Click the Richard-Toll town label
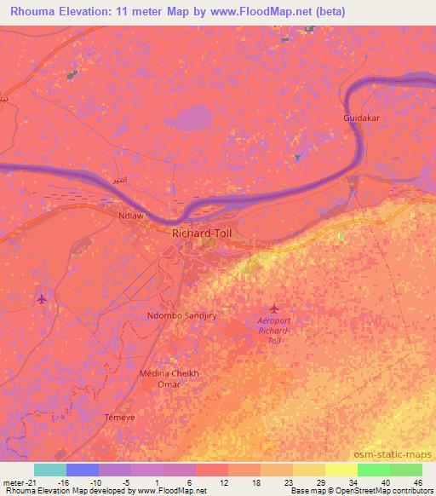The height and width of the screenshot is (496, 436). pyautogui.click(x=201, y=232)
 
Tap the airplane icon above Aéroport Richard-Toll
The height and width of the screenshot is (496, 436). pyautogui.click(x=273, y=308)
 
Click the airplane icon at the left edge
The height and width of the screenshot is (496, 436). pyautogui.click(x=43, y=298)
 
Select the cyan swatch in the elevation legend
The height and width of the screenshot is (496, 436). pyautogui.click(x=50, y=470)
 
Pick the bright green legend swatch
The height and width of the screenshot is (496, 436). pyautogui.click(x=374, y=470)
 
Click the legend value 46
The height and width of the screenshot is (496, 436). pyautogui.click(x=417, y=482)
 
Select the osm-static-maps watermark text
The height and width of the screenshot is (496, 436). pyautogui.click(x=399, y=454)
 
